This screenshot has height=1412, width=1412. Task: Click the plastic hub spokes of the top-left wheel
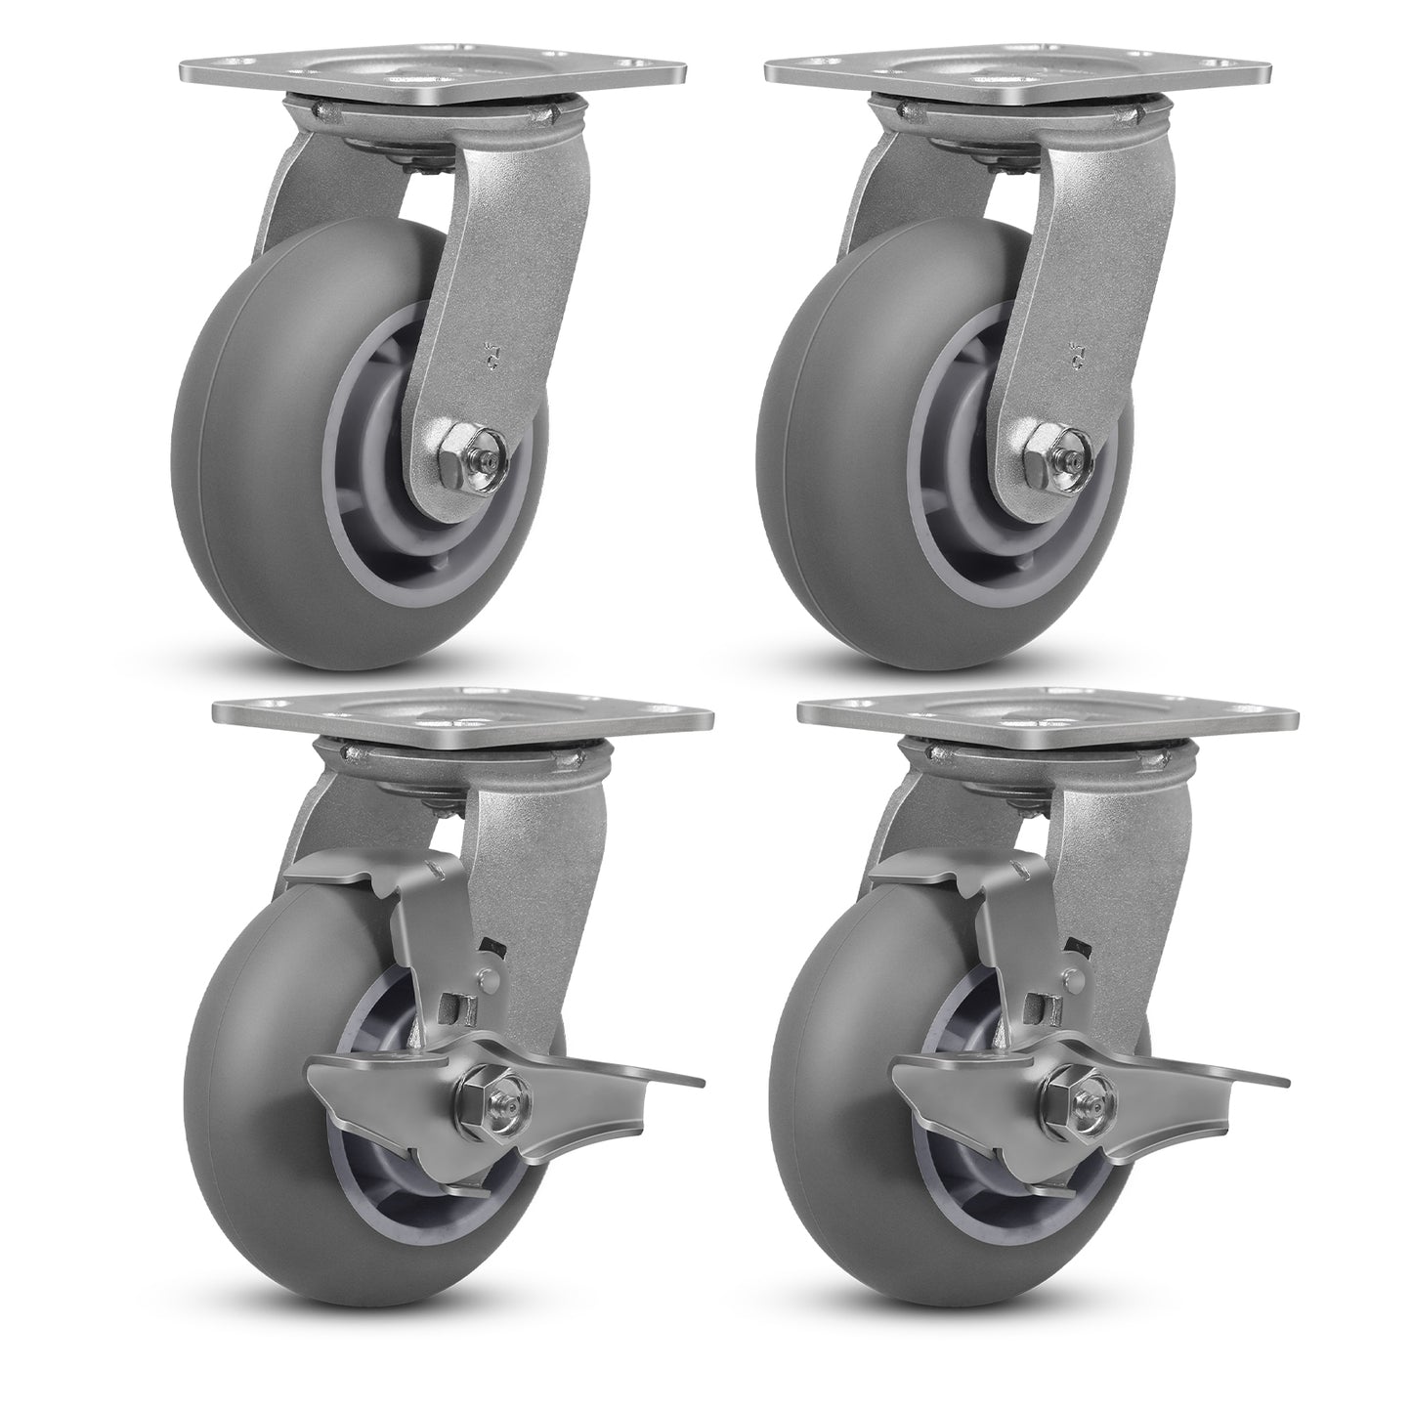point(391,528)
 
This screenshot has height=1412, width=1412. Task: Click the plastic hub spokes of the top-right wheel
point(977,528)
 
